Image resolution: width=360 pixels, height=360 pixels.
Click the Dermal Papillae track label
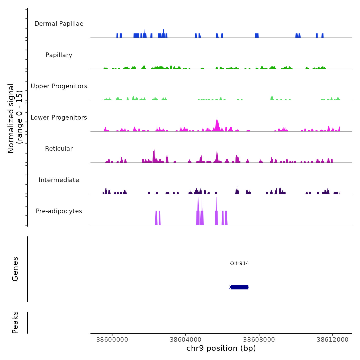pyautogui.click(x=59, y=24)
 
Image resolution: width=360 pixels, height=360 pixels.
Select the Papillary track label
pyautogui.click(x=59, y=55)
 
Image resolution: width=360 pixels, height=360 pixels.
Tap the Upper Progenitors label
pyautogui.click(x=59, y=86)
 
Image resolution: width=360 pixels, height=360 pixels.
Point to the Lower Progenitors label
pyautogui.click(x=59, y=118)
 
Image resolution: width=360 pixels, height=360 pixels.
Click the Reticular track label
pyautogui.click(x=59, y=149)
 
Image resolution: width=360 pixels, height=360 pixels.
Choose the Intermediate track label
pyautogui.click(x=59, y=180)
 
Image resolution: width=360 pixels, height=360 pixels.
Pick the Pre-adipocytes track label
pyautogui.click(x=59, y=211)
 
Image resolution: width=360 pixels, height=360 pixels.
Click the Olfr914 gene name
pyautogui.click(x=239, y=263)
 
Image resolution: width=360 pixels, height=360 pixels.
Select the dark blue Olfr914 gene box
pyautogui.click(x=240, y=287)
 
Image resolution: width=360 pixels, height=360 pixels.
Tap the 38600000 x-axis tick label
pyautogui.click(x=112, y=339)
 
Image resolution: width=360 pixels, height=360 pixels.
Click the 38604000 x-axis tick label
pyautogui.click(x=186, y=339)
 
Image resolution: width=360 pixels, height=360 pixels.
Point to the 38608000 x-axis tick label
pyautogui.click(x=259, y=339)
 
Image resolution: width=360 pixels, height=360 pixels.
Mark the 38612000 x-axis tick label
pyautogui.click(x=332, y=339)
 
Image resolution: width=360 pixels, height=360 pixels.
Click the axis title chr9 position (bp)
pyautogui.click(x=221, y=348)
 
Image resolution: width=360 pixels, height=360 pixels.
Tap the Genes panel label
pyautogui.click(x=15, y=269)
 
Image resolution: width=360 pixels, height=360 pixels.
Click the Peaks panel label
pyautogui.click(x=15, y=322)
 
